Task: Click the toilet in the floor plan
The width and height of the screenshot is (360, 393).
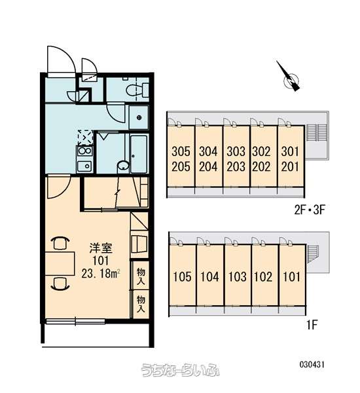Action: point(137,90)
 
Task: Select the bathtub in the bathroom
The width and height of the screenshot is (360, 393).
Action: point(139,154)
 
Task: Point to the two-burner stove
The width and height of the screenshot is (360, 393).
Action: point(84,151)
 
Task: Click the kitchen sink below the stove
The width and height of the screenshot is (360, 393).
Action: point(84,166)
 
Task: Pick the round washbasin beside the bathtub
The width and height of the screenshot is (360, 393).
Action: point(123,166)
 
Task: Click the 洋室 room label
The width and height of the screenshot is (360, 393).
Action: point(101,248)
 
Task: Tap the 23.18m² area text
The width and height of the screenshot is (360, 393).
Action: point(101,274)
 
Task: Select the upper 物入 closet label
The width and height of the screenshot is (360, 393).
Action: point(141,276)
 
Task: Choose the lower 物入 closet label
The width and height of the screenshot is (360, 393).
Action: point(141,304)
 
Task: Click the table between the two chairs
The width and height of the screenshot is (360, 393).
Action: point(60,264)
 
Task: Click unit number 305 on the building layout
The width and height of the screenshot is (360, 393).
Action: point(181,151)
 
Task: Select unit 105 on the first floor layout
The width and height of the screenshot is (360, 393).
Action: point(182,276)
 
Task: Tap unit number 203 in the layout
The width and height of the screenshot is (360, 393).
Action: point(236,167)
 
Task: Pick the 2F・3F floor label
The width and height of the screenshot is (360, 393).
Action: point(310,210)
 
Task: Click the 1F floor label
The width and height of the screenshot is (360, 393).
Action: point(312,325)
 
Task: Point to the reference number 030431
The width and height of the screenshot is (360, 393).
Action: point(312,364)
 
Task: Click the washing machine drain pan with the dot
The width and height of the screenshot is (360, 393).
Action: point(139,117)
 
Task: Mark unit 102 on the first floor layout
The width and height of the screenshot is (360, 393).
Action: point(263,276)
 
